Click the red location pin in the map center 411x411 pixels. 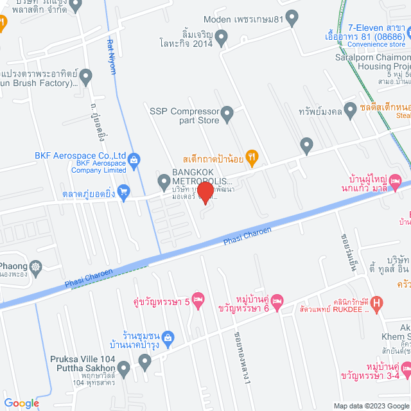click(205, 192)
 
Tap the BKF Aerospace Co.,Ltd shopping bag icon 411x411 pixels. click(134, 160)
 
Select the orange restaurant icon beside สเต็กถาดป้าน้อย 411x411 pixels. click(252, 156)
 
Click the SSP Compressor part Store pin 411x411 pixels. click(227, 116)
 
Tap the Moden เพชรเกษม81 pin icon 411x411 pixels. click(292, 19)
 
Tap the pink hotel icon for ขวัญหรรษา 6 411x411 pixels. click(277, 301)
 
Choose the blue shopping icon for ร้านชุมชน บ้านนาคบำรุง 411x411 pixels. click(168, 337)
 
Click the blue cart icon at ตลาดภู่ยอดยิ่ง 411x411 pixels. click(123, 191)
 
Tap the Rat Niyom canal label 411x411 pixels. click(112, 57)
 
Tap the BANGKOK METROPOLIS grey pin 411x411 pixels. click(163, 181)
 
